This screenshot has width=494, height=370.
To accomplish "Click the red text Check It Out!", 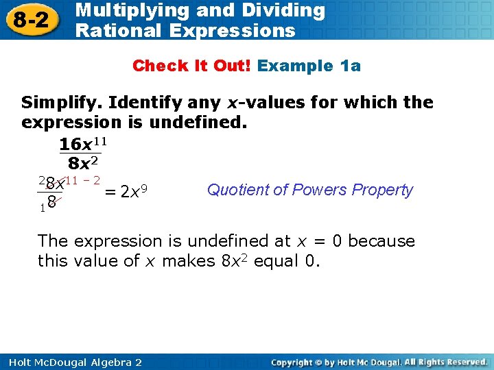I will tap(193, 66).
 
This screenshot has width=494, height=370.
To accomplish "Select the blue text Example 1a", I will tap(309, 66).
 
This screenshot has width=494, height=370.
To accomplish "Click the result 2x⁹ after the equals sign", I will tap(135, 192).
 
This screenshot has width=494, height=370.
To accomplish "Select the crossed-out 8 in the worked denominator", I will tap(52, 204).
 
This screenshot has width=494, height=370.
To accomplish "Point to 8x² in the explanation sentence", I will tap(234, 261).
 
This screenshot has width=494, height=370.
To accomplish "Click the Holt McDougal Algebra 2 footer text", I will tap(72, 362).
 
